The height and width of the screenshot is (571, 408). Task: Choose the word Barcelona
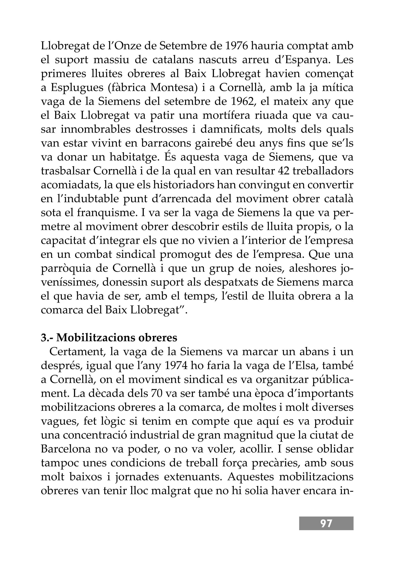pos(65,449)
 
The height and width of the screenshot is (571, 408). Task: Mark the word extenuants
pos(192,477)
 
